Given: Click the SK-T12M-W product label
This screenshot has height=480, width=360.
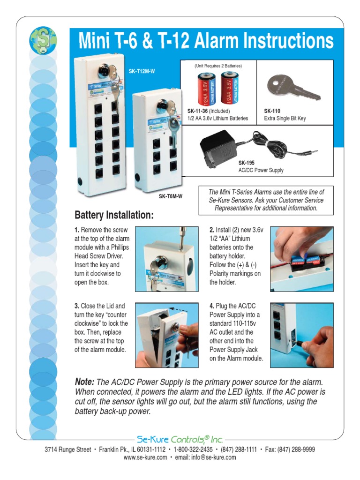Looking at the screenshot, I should (142, 71).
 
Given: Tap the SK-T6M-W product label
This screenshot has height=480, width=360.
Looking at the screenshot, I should (170, 196).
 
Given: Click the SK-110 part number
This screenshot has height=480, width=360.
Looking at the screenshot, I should (272, 111).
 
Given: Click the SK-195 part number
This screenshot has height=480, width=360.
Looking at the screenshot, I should (247, 163).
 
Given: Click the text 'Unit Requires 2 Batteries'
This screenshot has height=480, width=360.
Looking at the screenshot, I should (218, 66).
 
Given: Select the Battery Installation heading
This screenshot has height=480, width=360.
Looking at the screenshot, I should (114, 215).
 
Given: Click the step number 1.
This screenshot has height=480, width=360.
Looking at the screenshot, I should (77, 230).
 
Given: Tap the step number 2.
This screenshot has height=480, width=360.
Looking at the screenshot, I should (212, 230).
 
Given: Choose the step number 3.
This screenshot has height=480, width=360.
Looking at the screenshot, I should (77, 306).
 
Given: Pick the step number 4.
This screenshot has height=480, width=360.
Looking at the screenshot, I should (212, 306).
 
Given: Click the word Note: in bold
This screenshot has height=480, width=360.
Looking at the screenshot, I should (85, 382).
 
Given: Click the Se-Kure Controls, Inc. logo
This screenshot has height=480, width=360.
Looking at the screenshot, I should (180, 439).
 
